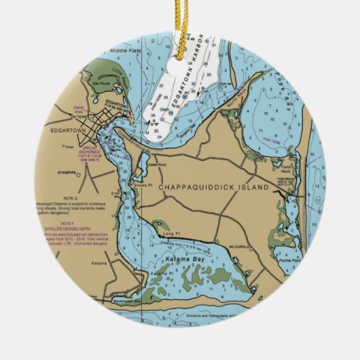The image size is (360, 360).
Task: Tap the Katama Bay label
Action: point(180,259)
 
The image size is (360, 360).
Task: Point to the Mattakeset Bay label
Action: point(127,300)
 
